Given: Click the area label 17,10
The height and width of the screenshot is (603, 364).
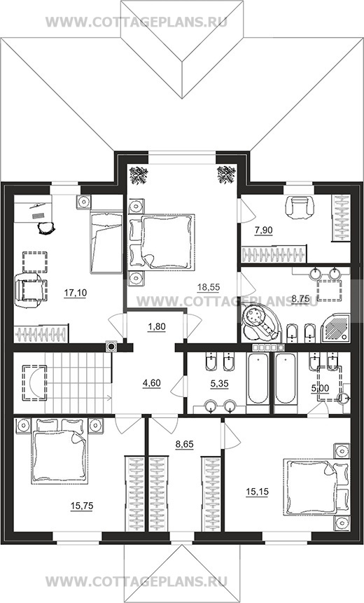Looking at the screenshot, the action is tap(76, 293).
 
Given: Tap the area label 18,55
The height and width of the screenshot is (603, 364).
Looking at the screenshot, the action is tap(209, 286).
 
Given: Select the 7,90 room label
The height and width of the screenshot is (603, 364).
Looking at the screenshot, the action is tap(263, 230).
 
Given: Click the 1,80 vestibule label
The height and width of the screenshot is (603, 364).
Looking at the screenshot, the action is tap(156, 327).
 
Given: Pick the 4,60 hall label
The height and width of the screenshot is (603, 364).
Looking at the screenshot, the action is tap(151, 383).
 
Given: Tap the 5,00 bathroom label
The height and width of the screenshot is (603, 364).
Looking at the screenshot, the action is tap(320, 389).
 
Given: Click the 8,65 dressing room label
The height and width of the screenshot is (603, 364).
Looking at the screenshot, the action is tap(185, 445).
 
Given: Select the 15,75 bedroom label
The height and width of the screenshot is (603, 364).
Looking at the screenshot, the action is tap(82, 506).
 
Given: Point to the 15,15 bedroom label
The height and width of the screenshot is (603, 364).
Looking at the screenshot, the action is tap(257, 492).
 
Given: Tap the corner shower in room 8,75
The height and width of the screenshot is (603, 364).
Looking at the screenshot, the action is tap(335, 327).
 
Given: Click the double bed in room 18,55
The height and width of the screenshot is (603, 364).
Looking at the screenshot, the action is tap(162, 241).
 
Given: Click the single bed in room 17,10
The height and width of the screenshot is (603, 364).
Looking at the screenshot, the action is tap(106, 242).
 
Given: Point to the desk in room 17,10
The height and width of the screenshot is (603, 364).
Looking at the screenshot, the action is tap(33, 209).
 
